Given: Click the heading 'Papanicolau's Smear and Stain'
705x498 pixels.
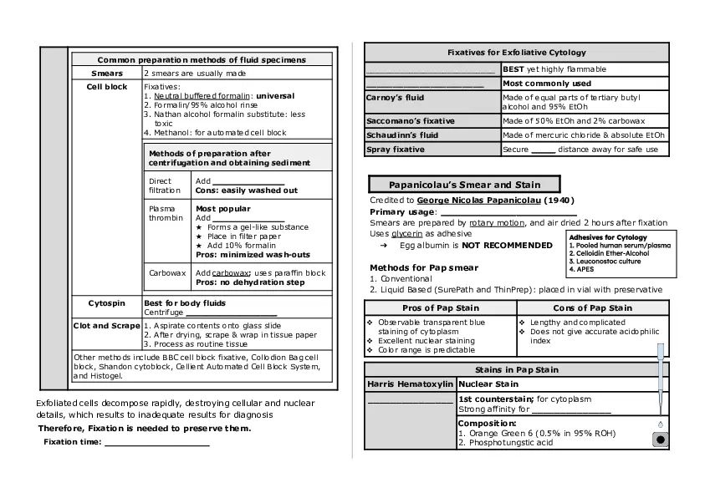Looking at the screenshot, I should (x=464, y=185).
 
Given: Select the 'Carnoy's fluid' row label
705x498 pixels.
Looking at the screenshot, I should (x=396, y=98).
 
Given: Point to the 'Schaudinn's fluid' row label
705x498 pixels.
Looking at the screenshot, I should (x=402, y=135).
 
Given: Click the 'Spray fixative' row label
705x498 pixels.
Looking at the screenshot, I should (x=396, y=150).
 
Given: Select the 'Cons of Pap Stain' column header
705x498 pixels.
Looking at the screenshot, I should (x=592, y=308).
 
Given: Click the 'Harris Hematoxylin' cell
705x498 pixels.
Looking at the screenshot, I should (x=410, y=384).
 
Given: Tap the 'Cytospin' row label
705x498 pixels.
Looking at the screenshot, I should (x=107, y=302).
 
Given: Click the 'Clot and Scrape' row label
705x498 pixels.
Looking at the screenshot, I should (x=106, y=326).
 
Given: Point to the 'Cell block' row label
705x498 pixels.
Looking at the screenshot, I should (x=107, y=86).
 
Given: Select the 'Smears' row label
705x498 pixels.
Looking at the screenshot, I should (x=107, y=74).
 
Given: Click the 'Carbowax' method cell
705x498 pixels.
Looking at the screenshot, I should (x=166, y=273).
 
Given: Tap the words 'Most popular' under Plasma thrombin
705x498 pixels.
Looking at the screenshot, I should (x=222, y=209).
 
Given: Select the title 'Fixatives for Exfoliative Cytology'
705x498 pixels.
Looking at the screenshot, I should (x=517, y=53).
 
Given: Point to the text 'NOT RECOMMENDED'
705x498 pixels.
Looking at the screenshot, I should (x=507, y=246).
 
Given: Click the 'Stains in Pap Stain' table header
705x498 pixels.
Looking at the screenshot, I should (x=516, y=369).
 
